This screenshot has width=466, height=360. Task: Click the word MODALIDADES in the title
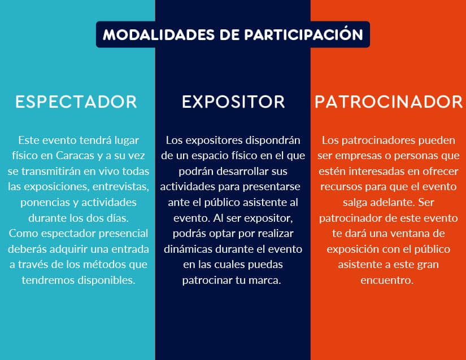coord(159,34)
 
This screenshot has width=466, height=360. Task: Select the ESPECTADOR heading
coord(76,102)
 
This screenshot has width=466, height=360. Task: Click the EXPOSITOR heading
coord(233,102)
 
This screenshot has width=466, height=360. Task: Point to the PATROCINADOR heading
coord(389,102)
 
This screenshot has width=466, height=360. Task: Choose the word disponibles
coord(107,280)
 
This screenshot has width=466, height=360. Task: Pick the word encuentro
coord(387,280)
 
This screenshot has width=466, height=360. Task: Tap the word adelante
coord(379,203)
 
